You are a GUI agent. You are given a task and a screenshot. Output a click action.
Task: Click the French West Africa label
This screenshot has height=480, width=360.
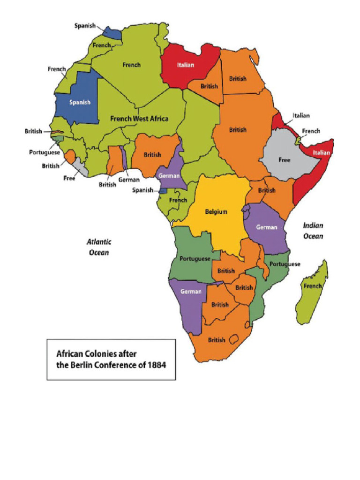139,119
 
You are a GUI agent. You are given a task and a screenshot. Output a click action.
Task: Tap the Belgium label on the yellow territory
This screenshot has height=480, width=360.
216,211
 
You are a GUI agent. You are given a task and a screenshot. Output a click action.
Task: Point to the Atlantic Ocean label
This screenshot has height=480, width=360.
99,247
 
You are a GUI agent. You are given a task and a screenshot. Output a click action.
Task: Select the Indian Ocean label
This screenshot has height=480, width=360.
313,231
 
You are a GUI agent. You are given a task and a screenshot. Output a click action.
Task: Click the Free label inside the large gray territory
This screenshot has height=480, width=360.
285,160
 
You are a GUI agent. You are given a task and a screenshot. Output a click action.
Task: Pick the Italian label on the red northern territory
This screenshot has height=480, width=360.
185,65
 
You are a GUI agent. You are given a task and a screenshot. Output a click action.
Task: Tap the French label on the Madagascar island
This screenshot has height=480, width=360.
312,285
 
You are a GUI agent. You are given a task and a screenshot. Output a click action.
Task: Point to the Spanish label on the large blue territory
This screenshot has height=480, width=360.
80,102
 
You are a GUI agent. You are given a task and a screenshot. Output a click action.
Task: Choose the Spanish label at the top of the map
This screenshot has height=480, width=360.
85,25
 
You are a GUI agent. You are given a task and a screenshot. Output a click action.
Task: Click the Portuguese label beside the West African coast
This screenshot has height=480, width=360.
45,152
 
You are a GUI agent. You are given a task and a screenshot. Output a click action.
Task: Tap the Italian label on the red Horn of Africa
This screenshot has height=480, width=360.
322,152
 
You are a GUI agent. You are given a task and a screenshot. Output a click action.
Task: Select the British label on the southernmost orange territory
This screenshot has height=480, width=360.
217,340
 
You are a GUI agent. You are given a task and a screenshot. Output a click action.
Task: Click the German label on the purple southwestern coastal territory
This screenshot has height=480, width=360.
191,291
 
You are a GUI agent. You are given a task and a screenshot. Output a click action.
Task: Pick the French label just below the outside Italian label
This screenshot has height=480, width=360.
311,131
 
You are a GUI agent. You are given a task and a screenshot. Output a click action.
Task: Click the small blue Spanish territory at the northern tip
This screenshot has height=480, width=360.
112,33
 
